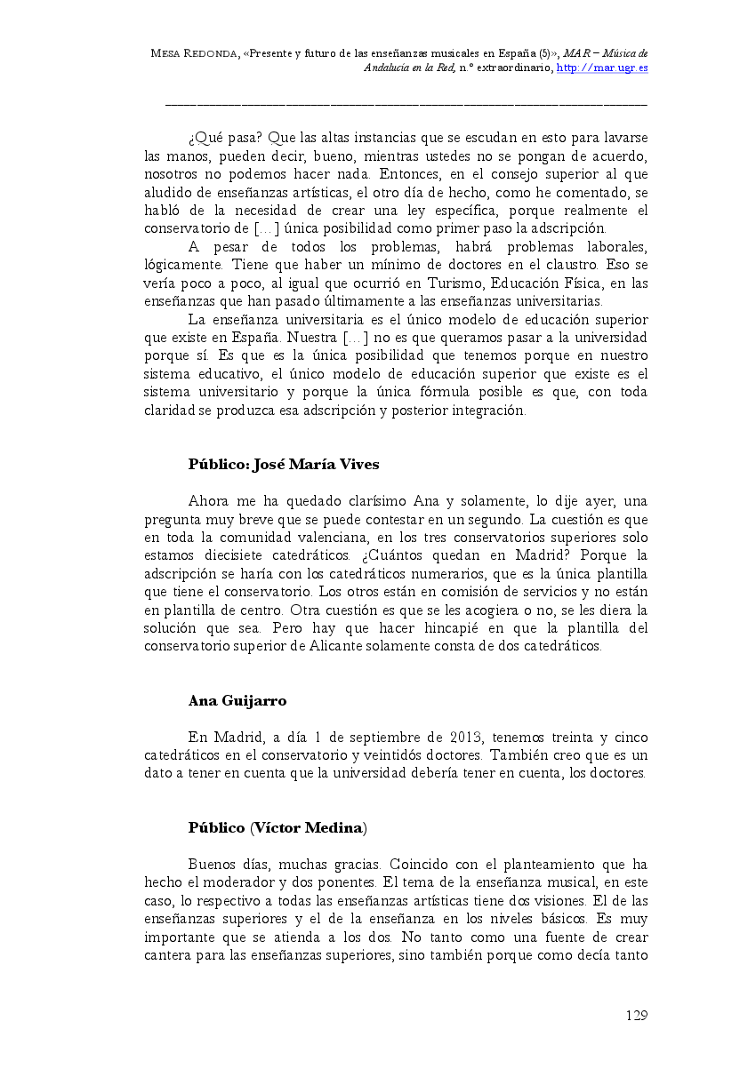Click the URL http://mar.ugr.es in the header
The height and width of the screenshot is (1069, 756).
[602, 68]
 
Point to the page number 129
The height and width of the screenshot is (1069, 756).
[636, 1015]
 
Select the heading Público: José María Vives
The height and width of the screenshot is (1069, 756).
[284, 464]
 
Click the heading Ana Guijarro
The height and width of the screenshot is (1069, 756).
[237, 701]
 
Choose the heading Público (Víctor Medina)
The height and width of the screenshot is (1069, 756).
[277, 827]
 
